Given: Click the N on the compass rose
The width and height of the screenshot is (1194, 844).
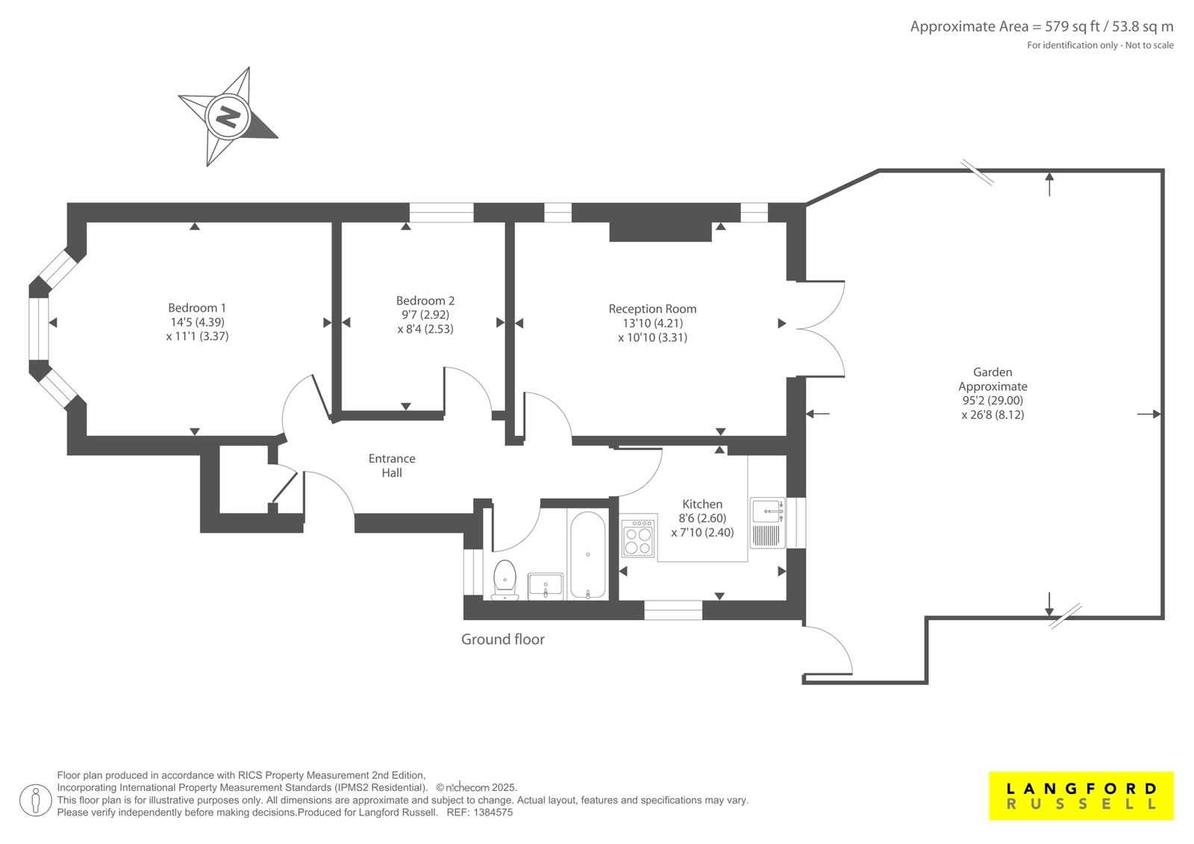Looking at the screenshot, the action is tap(228, 116).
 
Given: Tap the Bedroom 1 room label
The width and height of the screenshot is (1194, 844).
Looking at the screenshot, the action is tap(197, 307).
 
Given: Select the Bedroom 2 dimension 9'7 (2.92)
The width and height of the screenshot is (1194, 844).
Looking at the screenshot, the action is tap(425, 315).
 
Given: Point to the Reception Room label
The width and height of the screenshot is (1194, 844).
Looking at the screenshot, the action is tap(652, 309).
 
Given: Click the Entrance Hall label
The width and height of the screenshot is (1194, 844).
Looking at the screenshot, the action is tap(392, 466).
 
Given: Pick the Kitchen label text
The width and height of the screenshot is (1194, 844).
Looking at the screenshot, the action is tap(702, 504).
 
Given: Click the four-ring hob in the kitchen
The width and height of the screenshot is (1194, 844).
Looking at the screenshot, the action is tap(638, 538).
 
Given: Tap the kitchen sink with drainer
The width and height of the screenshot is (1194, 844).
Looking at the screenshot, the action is tap(768, 522).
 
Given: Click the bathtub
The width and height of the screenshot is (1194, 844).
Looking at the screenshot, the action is tap(588, 555).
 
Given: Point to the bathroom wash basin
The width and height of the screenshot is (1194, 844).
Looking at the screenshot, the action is tap(546, 586).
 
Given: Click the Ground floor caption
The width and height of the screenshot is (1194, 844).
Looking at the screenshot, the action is tap(503, 640).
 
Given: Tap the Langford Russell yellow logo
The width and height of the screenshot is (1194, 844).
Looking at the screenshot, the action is tap(1081, 795).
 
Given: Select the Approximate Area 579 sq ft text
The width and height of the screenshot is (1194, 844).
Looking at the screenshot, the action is tap(1042, 27).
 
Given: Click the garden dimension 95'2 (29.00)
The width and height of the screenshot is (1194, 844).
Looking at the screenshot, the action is tap(993, 401).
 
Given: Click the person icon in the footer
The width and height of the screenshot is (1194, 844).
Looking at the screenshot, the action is tap(35, 800).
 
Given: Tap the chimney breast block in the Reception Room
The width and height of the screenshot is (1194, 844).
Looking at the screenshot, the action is tap(660, 231).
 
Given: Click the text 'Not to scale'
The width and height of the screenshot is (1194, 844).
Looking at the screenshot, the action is tap(1149, 46).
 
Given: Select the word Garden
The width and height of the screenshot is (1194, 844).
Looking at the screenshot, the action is tap(993, 372).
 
